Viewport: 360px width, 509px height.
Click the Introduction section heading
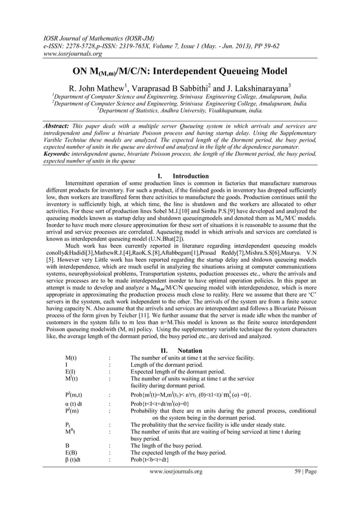pos(191,176)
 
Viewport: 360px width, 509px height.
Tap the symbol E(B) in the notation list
pos(71,453)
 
